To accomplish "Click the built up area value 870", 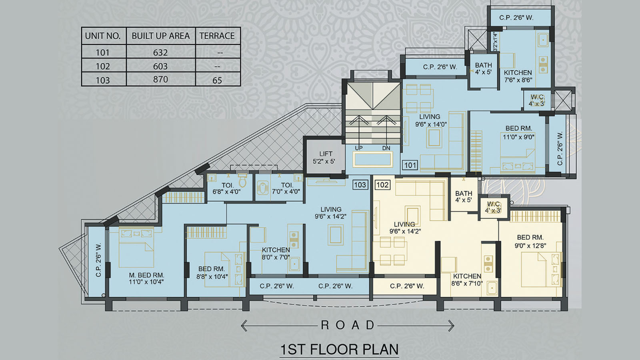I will click(x=160, y=79).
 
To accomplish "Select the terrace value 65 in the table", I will click(x=217, y=80).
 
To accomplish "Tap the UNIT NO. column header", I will click(x=103, y=36).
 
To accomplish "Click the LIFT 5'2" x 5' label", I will click(x=325, y=158).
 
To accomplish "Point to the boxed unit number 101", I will click(x=410, y=165).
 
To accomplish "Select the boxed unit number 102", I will click(x=382, y=185).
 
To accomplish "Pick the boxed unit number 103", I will click(x=360, y=185).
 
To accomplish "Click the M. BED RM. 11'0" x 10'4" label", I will click(x=146, y=278).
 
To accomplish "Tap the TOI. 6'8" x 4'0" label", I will click(x=227, y=188).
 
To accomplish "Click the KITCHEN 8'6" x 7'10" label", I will click(x=467, y=280).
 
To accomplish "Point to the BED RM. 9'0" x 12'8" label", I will click(x=530, y=241).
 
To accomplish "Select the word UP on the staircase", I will click(x=359, y=148).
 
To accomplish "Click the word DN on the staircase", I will click(x=386, y=148).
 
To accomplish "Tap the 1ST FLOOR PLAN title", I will click(x=339, y=349).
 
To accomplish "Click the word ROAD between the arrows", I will click(x=348, y=325).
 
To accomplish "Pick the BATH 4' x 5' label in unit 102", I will click(x=464, y=196).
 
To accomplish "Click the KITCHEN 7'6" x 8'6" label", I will click(x=518, y=76).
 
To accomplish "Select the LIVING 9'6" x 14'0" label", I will click(x=430, y=120).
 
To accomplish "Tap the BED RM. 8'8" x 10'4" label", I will click(x=212, y=272).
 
